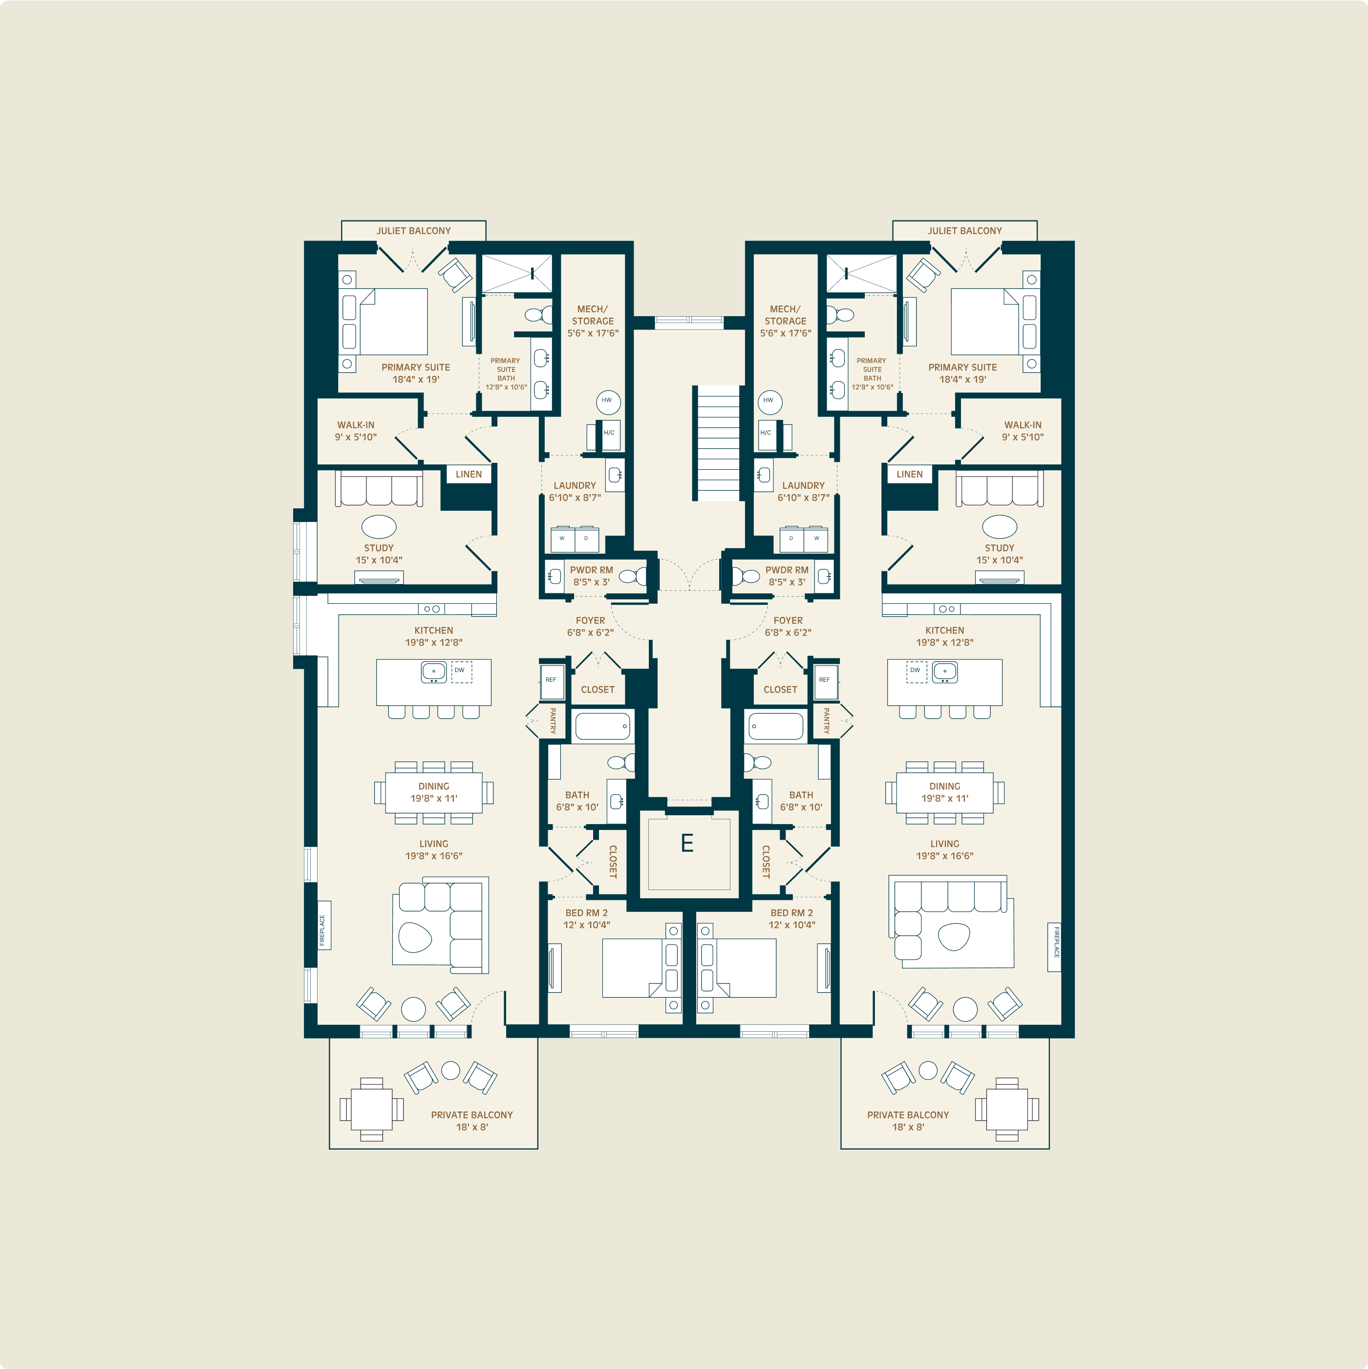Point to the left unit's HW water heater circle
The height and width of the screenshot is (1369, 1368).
[608, 402]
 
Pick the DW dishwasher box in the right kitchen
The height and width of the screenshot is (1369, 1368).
[916, 672]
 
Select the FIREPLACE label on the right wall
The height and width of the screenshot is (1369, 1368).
[1055, 947]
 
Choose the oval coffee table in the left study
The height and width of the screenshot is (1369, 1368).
[379, 526]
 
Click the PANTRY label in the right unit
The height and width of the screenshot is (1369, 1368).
[826, 720]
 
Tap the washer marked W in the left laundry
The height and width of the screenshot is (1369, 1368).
[562, 539]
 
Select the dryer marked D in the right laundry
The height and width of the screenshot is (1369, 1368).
[791, 539]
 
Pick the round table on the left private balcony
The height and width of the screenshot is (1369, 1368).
[450, 1070]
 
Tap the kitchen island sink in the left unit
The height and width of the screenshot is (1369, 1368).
[433, 672]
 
